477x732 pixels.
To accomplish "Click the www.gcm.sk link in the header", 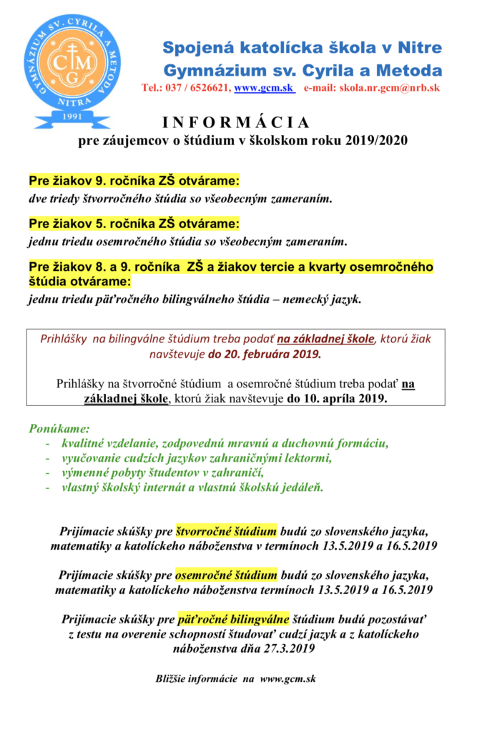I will pyautogui.click(x=255, y=89).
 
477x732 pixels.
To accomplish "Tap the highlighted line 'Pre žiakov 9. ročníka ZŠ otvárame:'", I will pyautogui.click(x=134, y=180).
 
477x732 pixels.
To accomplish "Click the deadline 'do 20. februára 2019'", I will pyautogui.click(x=265, y=353).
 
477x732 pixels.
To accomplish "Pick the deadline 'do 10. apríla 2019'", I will pyautogui.click(x=337, y=398).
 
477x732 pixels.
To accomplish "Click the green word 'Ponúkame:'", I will pyautogui.click(x=59, y=430).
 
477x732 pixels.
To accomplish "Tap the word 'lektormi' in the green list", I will pyautogui.click(x=309, y=458).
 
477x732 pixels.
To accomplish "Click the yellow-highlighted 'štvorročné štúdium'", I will pyautogui.click(x=227, y=532).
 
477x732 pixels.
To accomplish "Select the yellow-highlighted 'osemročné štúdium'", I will pyautogui.click(x=226, y=575).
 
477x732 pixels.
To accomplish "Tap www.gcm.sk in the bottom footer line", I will pyautogui.click(x=290, y=678).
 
